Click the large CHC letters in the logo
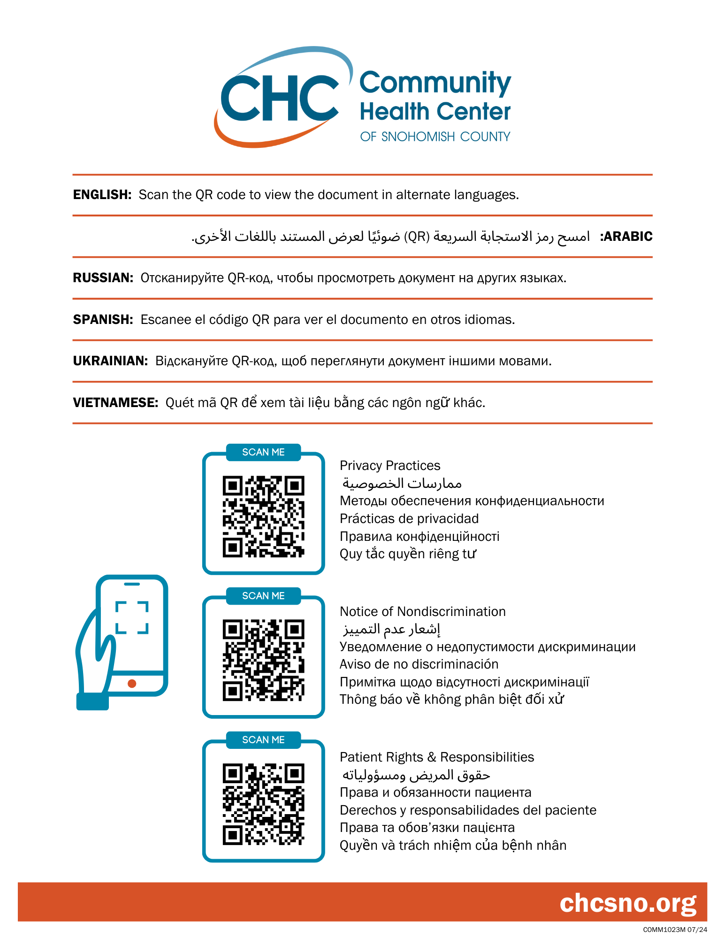tap(280, 98)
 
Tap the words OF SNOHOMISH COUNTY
tap(435, 137)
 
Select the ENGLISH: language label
tap(102, 195)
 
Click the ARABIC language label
tap(627, 237)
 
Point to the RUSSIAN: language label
tap(103, 278)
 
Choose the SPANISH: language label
tap(103, 320)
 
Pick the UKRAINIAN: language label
tap(110, 361)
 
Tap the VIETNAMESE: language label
tap(115, 403)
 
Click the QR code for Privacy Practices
tap(263, 516)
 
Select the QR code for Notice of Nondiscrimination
tap(263, 660)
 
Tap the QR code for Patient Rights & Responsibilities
tap(263, 804)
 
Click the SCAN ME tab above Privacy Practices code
tap(263, 452)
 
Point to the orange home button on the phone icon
tap(132, 684)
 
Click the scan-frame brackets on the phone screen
tap(132, 617)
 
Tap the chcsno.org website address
tap(628, 903)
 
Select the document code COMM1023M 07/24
tap(675, 930)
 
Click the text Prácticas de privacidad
tap(409, 519)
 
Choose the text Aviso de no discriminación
tap(419, 664)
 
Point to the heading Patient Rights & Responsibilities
tap(437, 757)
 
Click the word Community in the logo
tap(435, 83)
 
